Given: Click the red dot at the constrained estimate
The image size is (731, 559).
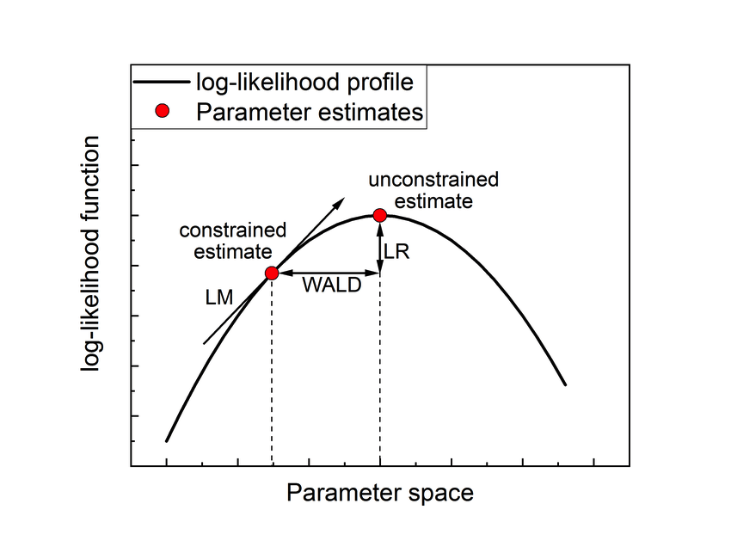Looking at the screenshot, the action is pyautogui.click(x=272, y=273).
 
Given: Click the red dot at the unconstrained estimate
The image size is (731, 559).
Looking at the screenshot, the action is pyautogui.click(x=380, y=215).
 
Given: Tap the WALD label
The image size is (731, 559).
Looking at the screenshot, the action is pyautogui.click(x=332, y=285).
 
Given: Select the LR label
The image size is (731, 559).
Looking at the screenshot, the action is pyautogui.click(x=396, y=252).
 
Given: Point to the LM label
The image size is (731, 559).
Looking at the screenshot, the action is pyautogui.click(x=219, y=298).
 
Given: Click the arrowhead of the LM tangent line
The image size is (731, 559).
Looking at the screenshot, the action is pyautogui.click(x=340, y=201).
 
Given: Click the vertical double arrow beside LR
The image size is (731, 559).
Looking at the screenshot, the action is pyautogui.click(x=380, y=248).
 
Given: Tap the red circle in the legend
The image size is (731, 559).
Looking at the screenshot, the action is pyautogui.click(x=163, y=111).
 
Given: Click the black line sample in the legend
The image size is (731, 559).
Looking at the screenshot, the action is pyautogui.click(x=162, y=82).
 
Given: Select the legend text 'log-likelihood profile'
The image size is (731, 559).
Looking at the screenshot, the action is pyautogui.click(x=305, y=83).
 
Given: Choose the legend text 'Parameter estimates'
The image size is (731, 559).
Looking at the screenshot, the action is pyautogui.click(x=310, y=113).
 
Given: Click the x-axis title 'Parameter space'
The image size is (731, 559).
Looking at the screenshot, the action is pyautogui.click(x=380, y=493).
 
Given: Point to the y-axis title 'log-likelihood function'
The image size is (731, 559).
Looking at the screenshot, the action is pyautogui.click(x=90, y=254).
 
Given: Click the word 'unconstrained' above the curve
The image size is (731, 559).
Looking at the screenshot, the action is pyautogui.click(x=433, y=180).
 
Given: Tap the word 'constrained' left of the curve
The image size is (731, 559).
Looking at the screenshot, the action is pyautogui.click(x=233, y=230).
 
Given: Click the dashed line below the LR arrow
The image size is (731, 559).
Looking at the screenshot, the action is pyautogui.click(x=380, y=369).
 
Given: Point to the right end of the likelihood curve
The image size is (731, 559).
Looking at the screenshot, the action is pyautogui.click(x=566, y=384).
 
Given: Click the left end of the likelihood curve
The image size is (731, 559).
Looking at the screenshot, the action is pyautogui.click(x=167, y=441).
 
